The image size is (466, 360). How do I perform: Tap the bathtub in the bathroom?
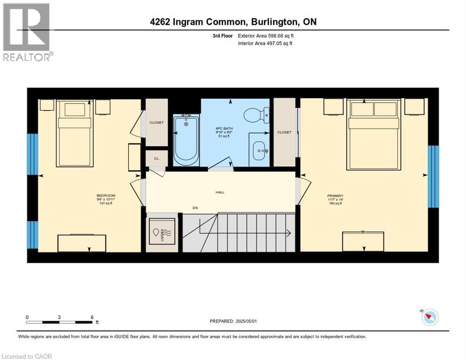click(187, 140)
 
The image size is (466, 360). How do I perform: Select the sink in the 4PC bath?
click(259, 151)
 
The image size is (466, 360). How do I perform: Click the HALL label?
click(220, 192)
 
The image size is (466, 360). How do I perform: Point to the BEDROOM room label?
click(105, 195)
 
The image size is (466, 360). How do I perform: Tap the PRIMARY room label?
click(336, 196)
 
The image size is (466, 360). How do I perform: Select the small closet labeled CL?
click(157, 158)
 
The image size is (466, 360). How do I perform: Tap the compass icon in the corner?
click(429, 317)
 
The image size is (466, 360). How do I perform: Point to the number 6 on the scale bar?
click(92, 317)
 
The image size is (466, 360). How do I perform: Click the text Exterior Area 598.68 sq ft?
click(266, 36)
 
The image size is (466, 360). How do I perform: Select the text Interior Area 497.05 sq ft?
click(265, 44)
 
